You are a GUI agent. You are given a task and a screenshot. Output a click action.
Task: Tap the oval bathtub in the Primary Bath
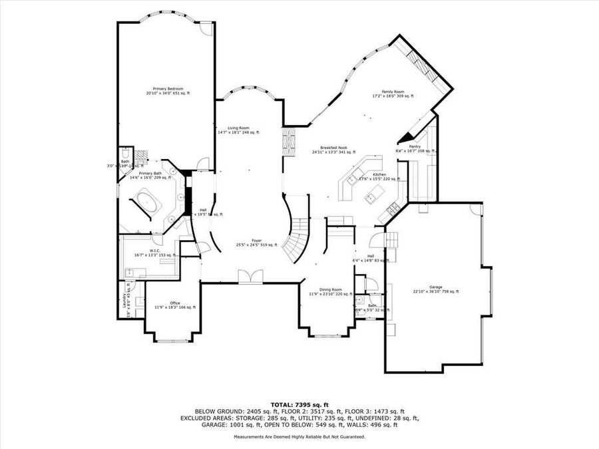144,201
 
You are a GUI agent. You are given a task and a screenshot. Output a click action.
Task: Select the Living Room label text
238,128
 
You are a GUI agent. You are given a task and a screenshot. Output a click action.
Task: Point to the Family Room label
393,92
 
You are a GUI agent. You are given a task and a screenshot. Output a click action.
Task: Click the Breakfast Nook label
333,147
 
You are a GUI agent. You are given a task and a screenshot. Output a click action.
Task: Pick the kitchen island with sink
374,195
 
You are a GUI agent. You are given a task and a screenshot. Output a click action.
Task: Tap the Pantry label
415,146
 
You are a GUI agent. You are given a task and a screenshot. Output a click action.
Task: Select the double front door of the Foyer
250,277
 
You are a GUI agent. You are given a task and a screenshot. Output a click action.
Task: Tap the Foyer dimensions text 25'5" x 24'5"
256,245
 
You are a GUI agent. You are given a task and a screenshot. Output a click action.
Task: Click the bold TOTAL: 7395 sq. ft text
299,404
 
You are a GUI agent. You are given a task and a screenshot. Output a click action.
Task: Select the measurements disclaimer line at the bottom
299,437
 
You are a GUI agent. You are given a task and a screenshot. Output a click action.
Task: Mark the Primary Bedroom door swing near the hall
203,164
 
